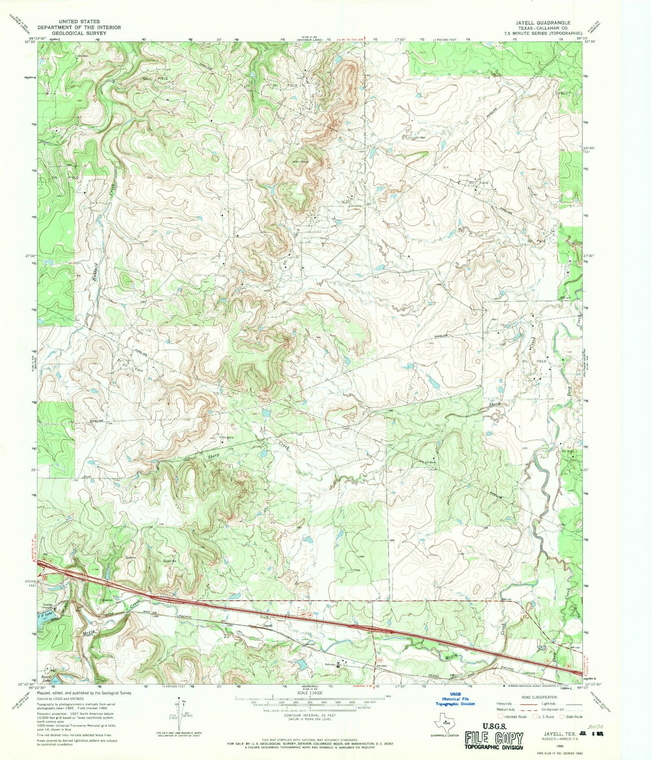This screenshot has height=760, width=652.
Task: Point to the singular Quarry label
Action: click(131, 557)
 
